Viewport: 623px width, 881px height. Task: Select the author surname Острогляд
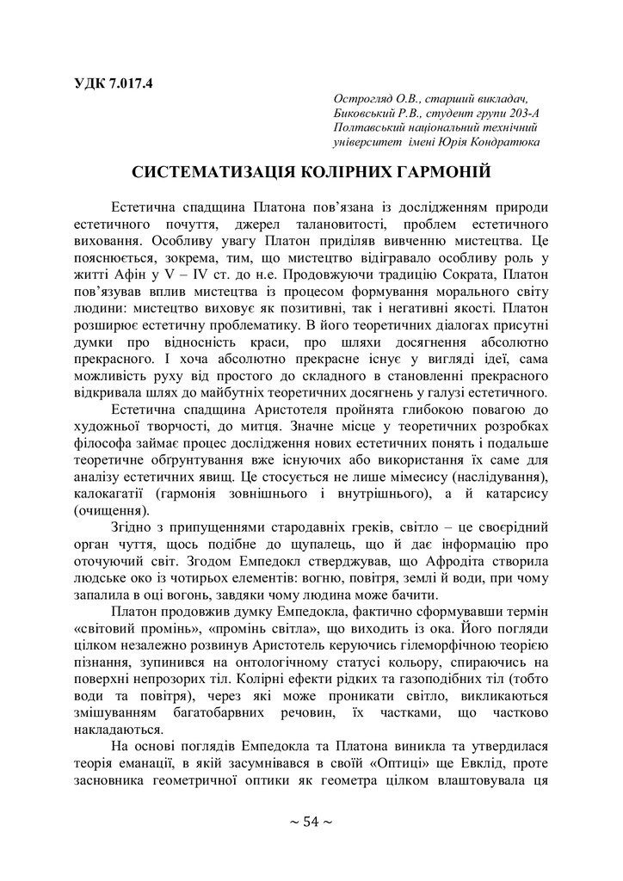[x=366, y=100]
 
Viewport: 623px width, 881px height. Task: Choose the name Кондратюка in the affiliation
[x=509, y=141]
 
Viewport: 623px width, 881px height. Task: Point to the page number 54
[x=311, y=821]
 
